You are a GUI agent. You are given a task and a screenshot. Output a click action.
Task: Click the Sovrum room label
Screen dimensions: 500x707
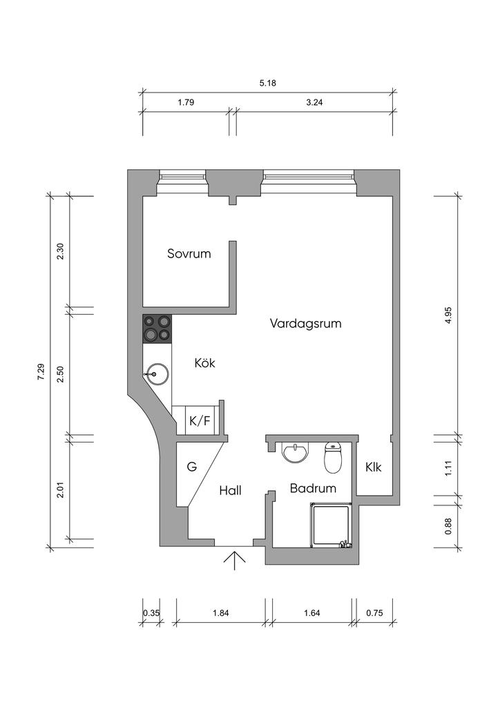click(x=189, y=253)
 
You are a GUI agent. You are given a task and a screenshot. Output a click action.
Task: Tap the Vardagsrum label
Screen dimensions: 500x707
click(x=305, y=324)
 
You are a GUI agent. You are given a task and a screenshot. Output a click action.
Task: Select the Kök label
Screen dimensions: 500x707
click(x=204, y=362)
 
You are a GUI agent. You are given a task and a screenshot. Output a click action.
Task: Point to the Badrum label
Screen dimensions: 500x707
click(x=313, y=488)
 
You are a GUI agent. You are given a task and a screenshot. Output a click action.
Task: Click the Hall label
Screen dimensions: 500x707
click(x=231, y=491)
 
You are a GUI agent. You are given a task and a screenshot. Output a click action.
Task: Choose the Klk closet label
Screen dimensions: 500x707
click(x=374, y=467)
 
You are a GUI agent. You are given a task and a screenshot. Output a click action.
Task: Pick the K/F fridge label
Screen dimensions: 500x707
click(x=200, y=421)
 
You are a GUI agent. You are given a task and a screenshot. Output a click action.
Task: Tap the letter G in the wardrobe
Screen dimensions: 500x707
click(x=192, y=467)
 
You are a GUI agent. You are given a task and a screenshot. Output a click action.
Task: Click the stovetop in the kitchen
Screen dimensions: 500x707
click(x=157, y=328)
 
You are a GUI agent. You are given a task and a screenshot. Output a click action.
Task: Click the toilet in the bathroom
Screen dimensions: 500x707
click(x=333, y=457)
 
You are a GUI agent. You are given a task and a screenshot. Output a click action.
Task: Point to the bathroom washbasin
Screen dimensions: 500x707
click(x=296, y=452)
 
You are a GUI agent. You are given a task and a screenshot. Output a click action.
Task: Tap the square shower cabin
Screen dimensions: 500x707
click(x=331, y=525)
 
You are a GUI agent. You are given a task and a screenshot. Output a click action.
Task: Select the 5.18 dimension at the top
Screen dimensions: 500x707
click(x=268, y=83)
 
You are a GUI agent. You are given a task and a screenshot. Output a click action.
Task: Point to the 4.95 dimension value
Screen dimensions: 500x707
click(x=448, y=315)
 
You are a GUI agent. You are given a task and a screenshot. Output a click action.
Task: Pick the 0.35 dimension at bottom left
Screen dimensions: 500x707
click(x=151, y=613)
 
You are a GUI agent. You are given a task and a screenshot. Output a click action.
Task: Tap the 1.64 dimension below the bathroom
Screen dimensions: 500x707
click(x=312, y=613)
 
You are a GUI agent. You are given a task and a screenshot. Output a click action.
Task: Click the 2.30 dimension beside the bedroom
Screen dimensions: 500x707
click(x=60, y=251)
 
